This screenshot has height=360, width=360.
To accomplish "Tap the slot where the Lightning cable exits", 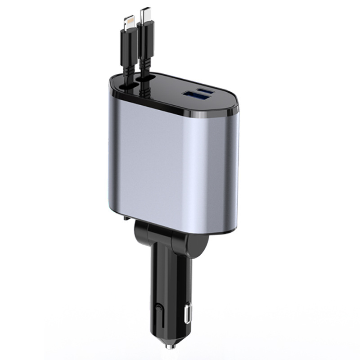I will click(130, 85).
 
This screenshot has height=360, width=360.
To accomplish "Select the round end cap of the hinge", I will click(198, 245).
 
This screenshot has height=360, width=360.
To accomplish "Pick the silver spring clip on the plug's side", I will click(188, 312).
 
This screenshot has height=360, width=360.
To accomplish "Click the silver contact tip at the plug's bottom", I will click(170, 346).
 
